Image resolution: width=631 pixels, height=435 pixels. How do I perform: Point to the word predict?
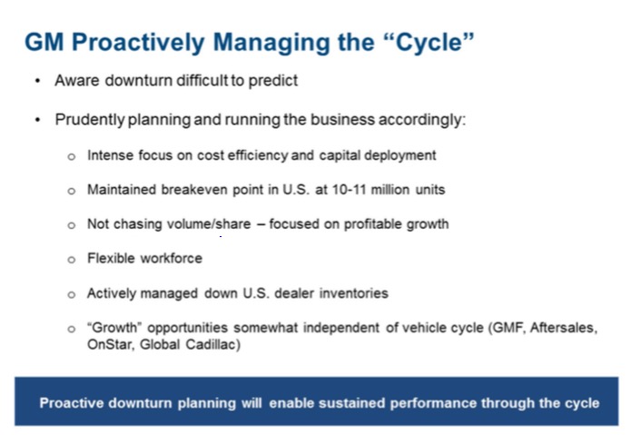[x=272, y=81]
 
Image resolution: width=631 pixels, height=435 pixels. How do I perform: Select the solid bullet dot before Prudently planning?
[x=37, y=120]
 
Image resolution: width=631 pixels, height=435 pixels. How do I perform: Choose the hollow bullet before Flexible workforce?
[x=72, y=259]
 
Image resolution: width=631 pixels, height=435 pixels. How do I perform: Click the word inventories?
[x=352, y=293]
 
